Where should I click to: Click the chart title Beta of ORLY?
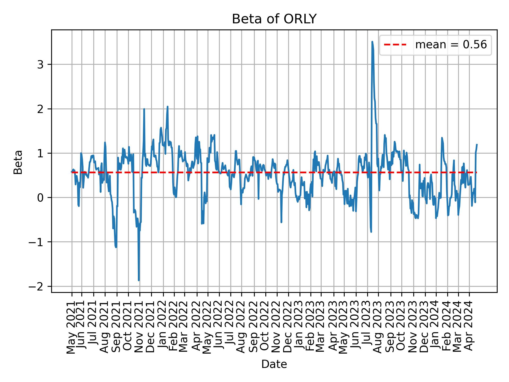pos(274,19)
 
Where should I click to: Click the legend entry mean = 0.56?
pos(451,45)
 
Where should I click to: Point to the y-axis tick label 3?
pos(40,64)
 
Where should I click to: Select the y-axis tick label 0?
pos(40,198)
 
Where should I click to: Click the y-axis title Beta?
pos(18,162)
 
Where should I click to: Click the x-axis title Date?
pos(274,364)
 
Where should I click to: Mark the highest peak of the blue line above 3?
pos(372,42)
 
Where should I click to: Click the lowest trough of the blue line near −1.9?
pos(139,280)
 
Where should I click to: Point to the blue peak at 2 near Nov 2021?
pos(144,109)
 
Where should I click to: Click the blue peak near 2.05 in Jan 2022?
pos(168,107)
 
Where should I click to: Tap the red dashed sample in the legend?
pos(395,45)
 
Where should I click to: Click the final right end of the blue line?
pos(477,145)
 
